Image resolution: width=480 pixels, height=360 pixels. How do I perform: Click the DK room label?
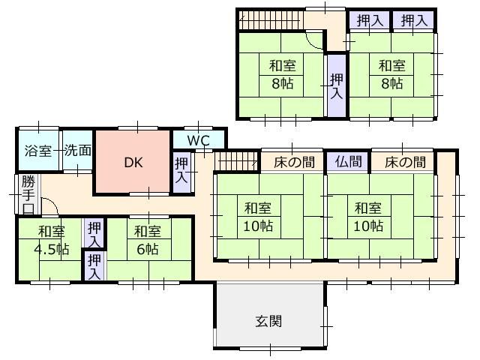coord(132,162)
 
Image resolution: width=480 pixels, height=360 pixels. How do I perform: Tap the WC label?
coord(199,140)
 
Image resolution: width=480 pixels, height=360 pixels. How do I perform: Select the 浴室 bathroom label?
coord(37,150)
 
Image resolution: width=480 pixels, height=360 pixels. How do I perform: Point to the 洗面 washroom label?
coord(77,150)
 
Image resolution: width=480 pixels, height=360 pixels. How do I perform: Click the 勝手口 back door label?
coord(28,193)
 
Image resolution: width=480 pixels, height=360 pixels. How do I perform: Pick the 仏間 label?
coord(348,161)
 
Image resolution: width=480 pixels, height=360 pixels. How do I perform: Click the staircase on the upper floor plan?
coord(270,21)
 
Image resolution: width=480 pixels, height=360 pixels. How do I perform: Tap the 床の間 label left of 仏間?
coord(293,161)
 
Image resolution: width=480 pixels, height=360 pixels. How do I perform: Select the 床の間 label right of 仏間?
coord(405,161)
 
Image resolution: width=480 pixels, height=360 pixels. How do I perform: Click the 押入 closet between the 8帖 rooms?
coord(337,85)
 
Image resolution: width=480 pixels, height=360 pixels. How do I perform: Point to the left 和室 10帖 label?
coord(256,216)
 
